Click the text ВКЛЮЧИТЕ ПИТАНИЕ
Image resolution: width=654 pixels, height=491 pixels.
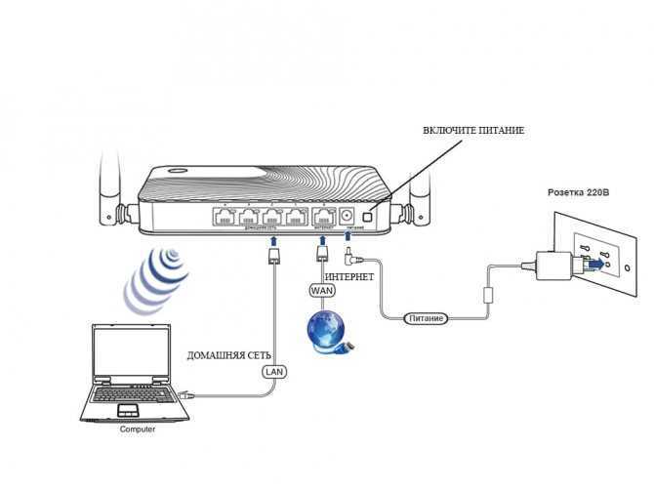click(x=473, y=131)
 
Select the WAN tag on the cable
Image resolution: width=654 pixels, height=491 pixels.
click(x=322, y=290)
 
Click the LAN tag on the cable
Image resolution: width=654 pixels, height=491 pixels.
click(x=273, y=372)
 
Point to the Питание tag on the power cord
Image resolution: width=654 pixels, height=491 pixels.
click(x=426, y=318)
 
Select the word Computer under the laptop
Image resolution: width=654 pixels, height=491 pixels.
click(x=137, y=430)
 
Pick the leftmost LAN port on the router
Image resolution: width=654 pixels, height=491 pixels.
click(x=223, y=217)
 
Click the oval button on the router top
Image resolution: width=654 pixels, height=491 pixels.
click(x=177, y=173)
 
